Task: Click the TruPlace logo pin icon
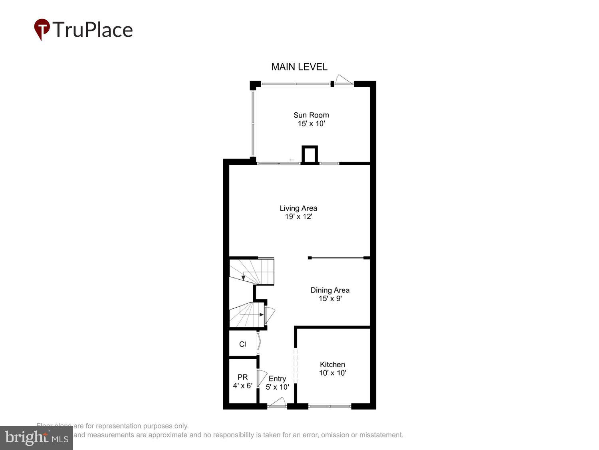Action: pyautogui.click(x=42, y=29)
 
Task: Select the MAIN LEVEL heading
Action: pyautogui.click(x=299, y=67)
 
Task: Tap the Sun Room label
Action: pyautogui.click(x=311, y=115)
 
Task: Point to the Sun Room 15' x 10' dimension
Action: pyautogui.click(x=311, y=124)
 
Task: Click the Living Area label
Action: pyautogui.click(x=298, y=208)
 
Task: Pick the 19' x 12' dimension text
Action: pyautogui.click(x=298, y=217)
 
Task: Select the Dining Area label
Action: pyautogui.click(x=330, y=290)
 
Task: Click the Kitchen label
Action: pyautogui.click(x=332, y=364)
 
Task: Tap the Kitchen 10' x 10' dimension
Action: pyautogui.click(x=332, y=373)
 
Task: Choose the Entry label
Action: pyautogui.click(x=277, y=378)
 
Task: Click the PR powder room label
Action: pyautogui.click(x=242, y=377)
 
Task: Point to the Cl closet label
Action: pyautogui.click(x=242, y=344)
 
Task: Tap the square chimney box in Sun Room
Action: pyautogui.click(x=309, y=154)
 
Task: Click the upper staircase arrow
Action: pyautogui.click(x=243, y=276)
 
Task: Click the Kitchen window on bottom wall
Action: pyautogui.click(x=330, y=406)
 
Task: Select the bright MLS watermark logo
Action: pyautogui.click(x=36, y=438)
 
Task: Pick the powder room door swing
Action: pyautogui.click(x=262, y=378)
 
